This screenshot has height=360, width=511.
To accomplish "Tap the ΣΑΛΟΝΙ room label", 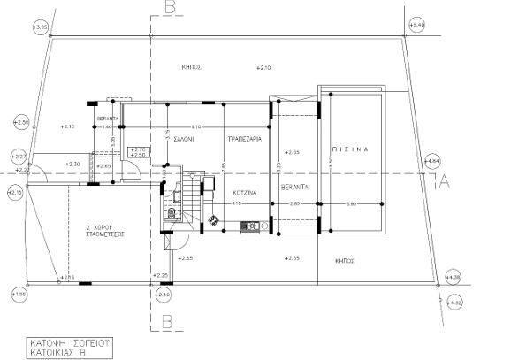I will click(184, 139).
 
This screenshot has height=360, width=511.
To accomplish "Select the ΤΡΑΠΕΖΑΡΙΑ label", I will click(244, 139).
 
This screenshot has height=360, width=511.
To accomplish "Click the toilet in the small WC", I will click(168, 213).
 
